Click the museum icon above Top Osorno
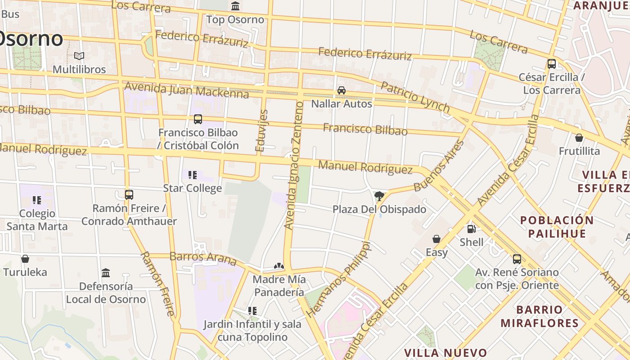coord(235,6)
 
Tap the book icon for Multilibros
coord(79,56)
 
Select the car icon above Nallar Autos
coord(342,90)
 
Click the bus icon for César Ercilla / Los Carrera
coord(552,64)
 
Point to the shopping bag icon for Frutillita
coord(579,138)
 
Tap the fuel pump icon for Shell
coord(471,229)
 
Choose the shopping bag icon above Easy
coord(436,239)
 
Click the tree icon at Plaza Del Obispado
coord(379,196)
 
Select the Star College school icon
coord(193,175)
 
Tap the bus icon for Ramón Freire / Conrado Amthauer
coord(129,195)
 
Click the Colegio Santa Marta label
coord(37,220)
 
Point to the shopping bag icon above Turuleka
coord(25,259)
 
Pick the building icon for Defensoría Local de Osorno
coord(106,273)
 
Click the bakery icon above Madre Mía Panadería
coord(279,266)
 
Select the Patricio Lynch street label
coord(415,97)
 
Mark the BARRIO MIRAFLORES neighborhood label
coord(539,316)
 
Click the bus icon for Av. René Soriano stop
coord(517,259)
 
